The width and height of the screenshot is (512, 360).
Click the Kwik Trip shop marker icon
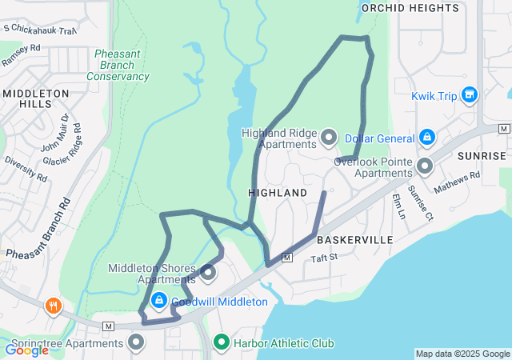click(x=469, y=96)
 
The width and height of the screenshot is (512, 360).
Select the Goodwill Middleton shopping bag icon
click(x=158, y=301)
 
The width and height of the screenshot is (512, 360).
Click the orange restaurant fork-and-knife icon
click(x=54, y=305)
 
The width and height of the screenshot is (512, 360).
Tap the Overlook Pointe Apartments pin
click(x=425, y=166)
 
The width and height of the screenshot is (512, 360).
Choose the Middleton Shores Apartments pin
click(x=209, y=274)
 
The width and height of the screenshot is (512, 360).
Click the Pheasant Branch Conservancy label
click(x=118, y=65)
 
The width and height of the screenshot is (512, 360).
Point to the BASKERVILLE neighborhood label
click(x=354, y=240)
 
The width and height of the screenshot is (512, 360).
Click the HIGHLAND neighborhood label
click(x=278, y=194)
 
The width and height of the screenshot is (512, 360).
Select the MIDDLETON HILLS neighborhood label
click(x=36, y=99)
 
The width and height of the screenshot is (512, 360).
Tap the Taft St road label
click(x=325, y=258)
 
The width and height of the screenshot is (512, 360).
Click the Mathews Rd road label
click(x=457, y=182)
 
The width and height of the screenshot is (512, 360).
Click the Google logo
click(x=26, y=350)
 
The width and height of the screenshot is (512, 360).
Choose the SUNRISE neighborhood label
click(x=482, y=156)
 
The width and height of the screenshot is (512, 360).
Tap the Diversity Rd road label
click(x=25, y=166)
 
